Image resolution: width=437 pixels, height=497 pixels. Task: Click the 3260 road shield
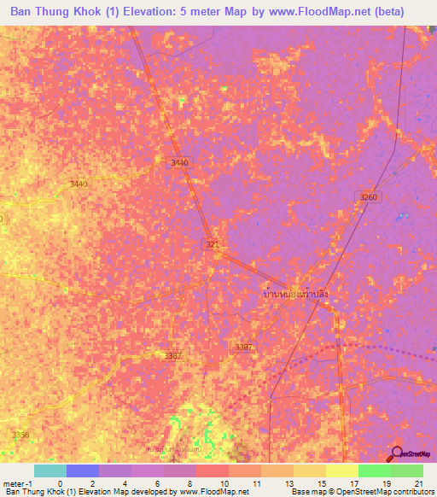click(368, 197)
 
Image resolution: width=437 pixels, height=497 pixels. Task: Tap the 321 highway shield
click(213, 245)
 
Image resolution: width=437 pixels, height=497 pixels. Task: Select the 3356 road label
click(20, 435)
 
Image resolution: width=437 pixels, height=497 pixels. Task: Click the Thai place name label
click(295, 293)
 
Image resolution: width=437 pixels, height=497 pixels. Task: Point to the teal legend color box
click(50, 471)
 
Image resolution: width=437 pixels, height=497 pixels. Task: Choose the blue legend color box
click(83, 471)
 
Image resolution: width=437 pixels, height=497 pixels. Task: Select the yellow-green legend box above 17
click(341, 471)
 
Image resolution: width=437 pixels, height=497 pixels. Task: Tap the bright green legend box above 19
click(374, 471)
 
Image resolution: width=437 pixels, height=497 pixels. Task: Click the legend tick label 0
click(60, 483)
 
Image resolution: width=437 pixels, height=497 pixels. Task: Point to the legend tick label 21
click(417, 483)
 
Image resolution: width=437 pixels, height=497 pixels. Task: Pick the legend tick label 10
click(223, 483)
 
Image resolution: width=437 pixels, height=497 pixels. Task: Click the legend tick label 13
click(288, 483)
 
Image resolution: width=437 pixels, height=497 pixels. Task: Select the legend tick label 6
click(157, 483)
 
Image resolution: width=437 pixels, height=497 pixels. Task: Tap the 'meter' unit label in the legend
click(14, 483)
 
